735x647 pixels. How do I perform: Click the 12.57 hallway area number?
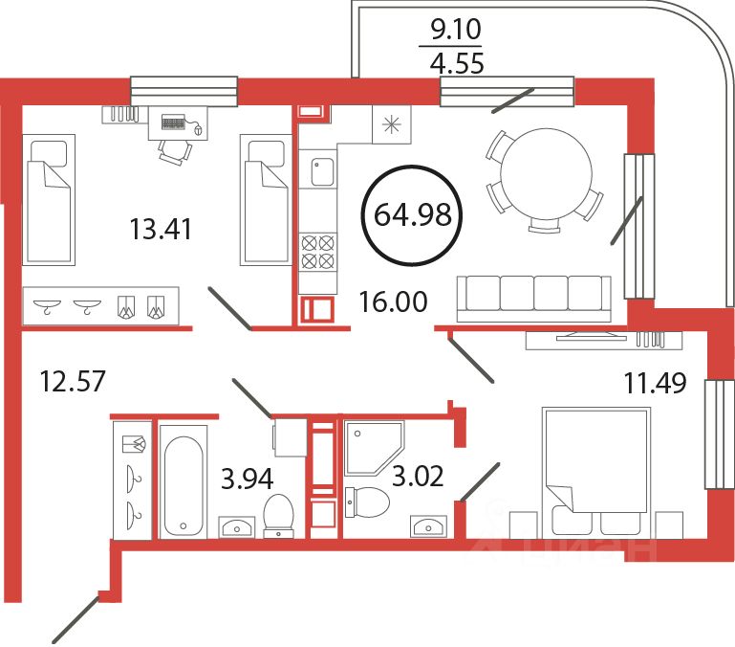(x=72, y=381)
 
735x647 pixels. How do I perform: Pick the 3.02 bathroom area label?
(x=418, y=476)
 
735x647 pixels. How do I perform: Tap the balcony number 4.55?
(x=457, y=64)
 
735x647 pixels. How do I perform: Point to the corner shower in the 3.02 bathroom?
(x=375, y=446)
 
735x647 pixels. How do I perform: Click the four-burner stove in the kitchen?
(x=317, y=251)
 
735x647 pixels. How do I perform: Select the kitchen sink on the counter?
(x=319, y=173)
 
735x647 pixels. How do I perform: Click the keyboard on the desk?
(x=174, y=123)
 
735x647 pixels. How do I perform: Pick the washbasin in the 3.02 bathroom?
(x=427, y=524)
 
